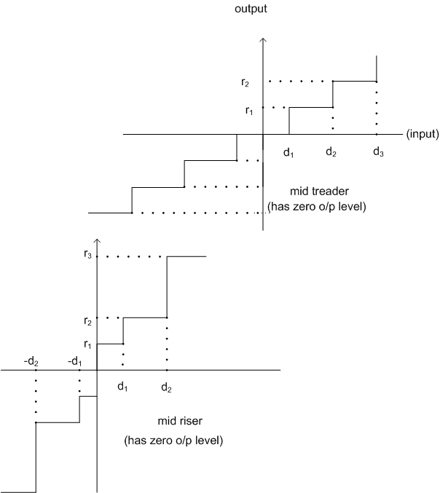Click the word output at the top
[251, 9]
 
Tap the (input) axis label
[423, 134]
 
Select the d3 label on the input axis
[378, 152]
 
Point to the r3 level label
[87, 254]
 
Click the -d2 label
[31, 362]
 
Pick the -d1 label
[74, 362]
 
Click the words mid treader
[319, 192]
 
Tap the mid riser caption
[180, 421]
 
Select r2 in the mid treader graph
[245, 82]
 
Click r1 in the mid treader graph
[249, 111]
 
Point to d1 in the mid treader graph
[288, 152]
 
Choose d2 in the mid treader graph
[331, 152]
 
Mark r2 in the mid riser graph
[87, 321]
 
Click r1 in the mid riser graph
[87, 344]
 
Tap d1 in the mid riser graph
[122, 387]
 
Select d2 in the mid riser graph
[166, 387]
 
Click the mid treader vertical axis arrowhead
[263, 39]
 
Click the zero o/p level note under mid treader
[317, 207]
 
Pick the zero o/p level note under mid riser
[173, 441]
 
